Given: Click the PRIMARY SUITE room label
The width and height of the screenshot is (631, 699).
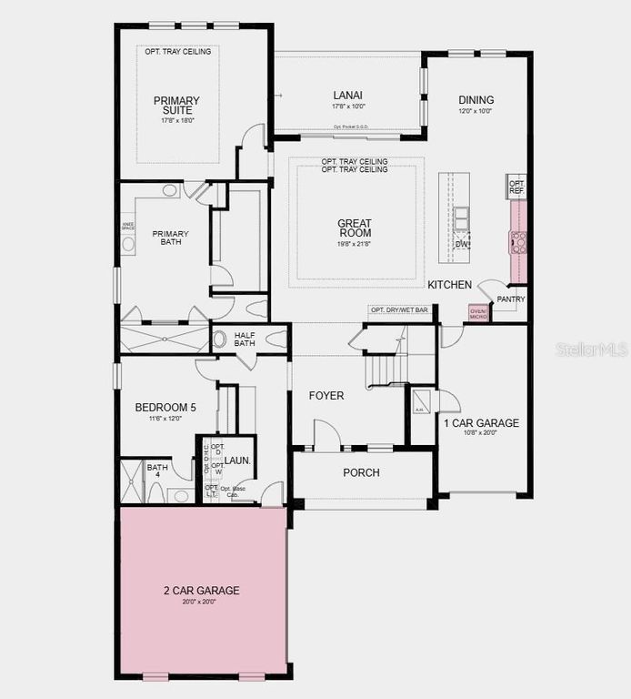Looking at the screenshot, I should pyautogui.click(x=176, y=105).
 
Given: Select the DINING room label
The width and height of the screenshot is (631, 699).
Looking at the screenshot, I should pyautogui.click(x=476, y=100).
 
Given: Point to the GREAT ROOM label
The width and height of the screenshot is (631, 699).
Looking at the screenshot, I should pyautogui.click(x=355, y=228).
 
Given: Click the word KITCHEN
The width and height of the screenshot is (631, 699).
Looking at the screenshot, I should pyautogui.click(x=450, y=285).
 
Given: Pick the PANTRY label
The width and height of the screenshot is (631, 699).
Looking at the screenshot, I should pyautogui.click(x=510, y=299).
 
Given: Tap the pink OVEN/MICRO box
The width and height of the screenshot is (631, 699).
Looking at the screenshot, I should pyautogui.click(x=478, y=313).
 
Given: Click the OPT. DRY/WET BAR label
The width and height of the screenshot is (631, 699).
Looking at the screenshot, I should pyautogui.click(x=399, y=310).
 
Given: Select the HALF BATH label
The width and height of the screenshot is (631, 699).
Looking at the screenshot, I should pyautogui.click(x=245, y=338).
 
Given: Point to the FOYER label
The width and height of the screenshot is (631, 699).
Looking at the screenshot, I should pyautogui.click(x=326, y=396).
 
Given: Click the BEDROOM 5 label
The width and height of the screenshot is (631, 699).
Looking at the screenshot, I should pyautogui.click(x=165, y=407).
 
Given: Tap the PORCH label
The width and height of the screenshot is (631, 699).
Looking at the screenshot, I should pyautogui.click(x=361, y=472).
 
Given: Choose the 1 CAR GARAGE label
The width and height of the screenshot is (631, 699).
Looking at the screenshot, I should pyautogui.click(x=481, y=423).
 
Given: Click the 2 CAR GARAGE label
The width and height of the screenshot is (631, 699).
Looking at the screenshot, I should pyautogui.click(x=202, y=591).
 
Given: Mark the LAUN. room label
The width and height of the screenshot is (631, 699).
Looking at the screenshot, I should pyautogui.click(x=238, y=461).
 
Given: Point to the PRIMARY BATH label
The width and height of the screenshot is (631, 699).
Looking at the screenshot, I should pyautogui.click(x=166, y=238).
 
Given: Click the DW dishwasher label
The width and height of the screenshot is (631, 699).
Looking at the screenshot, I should pyautogui.click(x=462, y=244).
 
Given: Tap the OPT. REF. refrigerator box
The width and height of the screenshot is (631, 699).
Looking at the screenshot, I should pyautogui.click(x=516, y=187).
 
